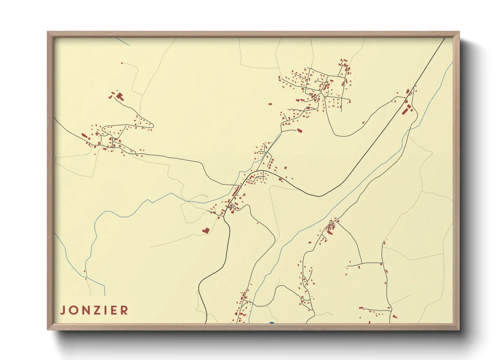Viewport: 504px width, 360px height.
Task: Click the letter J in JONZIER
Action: (63, 310)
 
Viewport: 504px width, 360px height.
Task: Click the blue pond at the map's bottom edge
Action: (271, 323)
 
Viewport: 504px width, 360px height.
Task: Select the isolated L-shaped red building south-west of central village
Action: (206, 231)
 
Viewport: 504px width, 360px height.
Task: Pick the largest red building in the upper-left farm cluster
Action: (120, 96)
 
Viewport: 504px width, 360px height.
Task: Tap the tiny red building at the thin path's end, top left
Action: (122, 63)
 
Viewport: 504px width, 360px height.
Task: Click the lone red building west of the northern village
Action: (270, 104)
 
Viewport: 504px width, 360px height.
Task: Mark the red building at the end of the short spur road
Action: (300, 130)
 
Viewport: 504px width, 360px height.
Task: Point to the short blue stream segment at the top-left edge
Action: (123, 42)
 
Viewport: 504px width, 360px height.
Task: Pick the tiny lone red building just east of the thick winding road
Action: (257, 223)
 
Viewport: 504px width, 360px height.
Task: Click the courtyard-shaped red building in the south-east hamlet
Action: (330, 227)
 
